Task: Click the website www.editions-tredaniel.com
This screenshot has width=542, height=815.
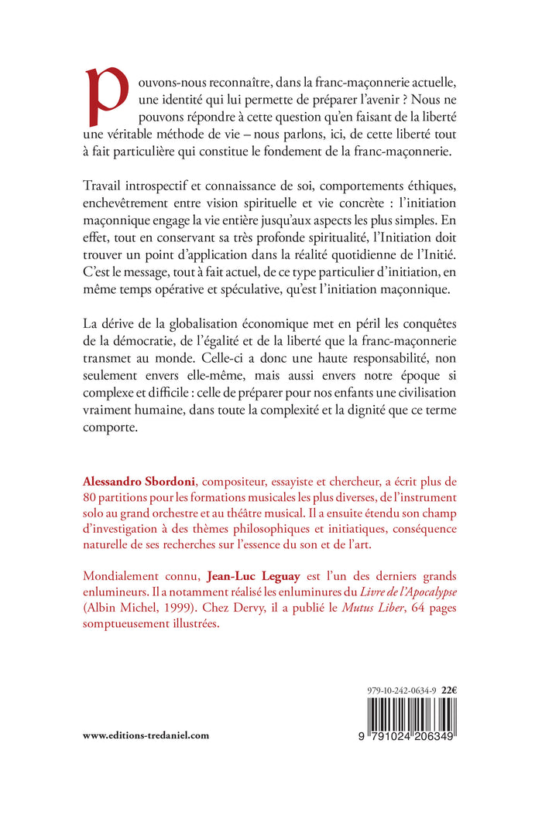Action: tap(146, 735)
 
